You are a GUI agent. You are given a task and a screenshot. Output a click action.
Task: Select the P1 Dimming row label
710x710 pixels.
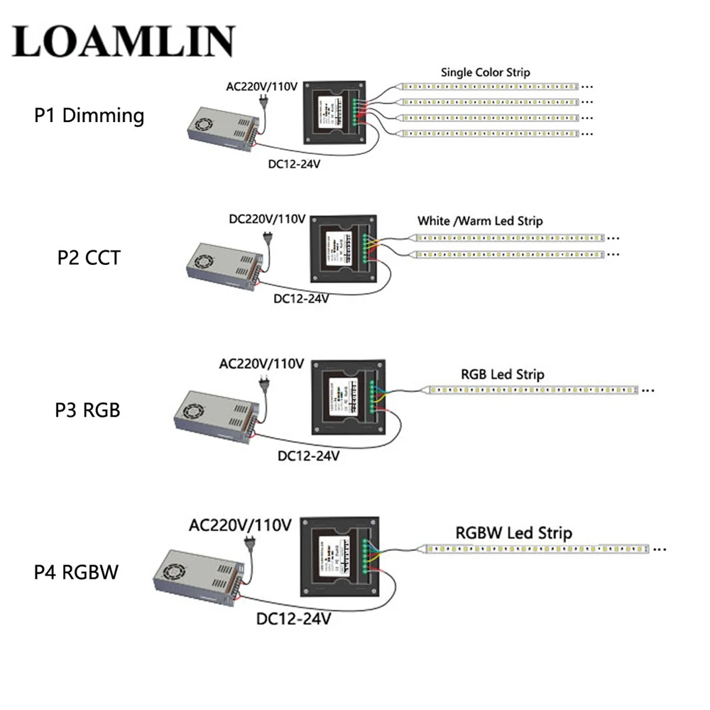(89, 115)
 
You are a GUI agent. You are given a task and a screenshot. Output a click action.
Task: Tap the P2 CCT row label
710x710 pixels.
(89, 256)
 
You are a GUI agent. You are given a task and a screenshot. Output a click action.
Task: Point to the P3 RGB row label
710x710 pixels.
(88, 410)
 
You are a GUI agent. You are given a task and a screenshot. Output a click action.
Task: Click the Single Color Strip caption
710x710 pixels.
(485, 72)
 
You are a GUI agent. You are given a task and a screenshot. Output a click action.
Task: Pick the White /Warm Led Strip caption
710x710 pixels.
(480, 221)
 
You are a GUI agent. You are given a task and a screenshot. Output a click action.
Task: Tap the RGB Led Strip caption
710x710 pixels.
(502, 373)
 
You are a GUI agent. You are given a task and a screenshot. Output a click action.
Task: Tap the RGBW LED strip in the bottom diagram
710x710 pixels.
(540, 550)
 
